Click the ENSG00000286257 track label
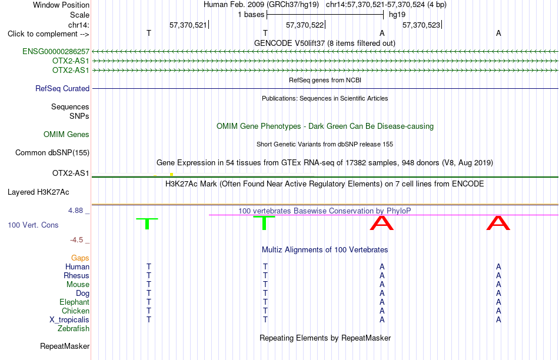(56, 51)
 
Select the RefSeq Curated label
(62, 88)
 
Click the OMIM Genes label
(66, 134)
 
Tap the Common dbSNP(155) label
(52, 152)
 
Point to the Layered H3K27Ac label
(38, 192)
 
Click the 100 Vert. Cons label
(33, 225)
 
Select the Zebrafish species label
(74, 329)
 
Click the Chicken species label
(75, 311)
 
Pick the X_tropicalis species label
(69, 320)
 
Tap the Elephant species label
(75, 302)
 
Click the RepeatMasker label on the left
(65, 346)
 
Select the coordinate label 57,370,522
(305, 25)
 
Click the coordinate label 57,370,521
(188, 25)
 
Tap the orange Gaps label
(80, 258)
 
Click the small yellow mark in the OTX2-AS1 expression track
(171, 174)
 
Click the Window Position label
(61, 5)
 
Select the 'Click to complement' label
(48, 34)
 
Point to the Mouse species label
(78, 285)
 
